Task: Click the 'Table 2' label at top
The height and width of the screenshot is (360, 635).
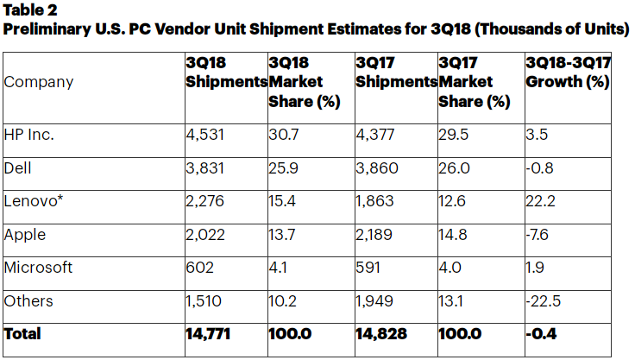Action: [x=28, y=10]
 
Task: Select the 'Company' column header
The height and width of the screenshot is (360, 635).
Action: [x=39, y=82]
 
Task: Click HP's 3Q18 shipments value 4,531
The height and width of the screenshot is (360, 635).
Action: [x=205, y=136]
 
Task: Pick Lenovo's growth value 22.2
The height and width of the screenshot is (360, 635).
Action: [x=540, y=201]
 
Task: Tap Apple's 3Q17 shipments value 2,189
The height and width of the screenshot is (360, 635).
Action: [x=375, y=235]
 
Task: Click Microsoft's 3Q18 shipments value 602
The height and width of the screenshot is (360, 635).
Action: [x=199, y=268]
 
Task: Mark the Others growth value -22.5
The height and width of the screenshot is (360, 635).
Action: [x=544, y=300]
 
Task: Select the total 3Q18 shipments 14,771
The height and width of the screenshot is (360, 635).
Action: [x=210, y=333]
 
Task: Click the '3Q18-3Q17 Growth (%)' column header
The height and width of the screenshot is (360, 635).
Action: [x=567, y=73]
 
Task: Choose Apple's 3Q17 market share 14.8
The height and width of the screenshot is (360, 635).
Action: [x=454, y=235]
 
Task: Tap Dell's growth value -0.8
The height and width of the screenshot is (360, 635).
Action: [x=539, y=168]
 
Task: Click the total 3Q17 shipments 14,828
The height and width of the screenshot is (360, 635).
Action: [x=380, y=333]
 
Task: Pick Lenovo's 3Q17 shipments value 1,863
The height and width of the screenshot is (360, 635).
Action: [x=374, y=201]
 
